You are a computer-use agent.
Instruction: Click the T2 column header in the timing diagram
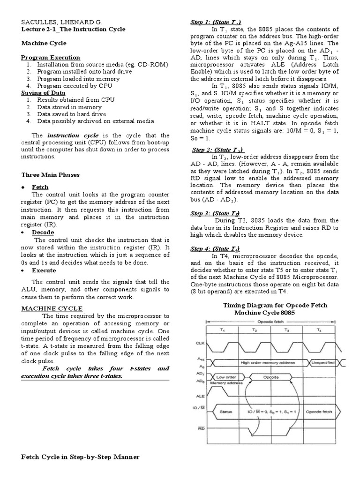[254, 330]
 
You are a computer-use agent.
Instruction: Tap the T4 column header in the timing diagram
[319, 330]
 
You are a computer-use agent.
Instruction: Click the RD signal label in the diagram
[201, 427]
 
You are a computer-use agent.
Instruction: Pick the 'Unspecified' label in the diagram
[323, 362]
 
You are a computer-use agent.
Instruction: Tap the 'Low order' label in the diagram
[227, 376]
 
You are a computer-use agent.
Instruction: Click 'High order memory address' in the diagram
[268, 362]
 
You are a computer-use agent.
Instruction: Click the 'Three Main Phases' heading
[51, 174]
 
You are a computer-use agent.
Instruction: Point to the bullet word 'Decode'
[43, 232]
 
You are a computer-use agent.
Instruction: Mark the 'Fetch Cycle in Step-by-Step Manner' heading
[80, 457]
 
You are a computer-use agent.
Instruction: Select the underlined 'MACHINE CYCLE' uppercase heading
[52, 308]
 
